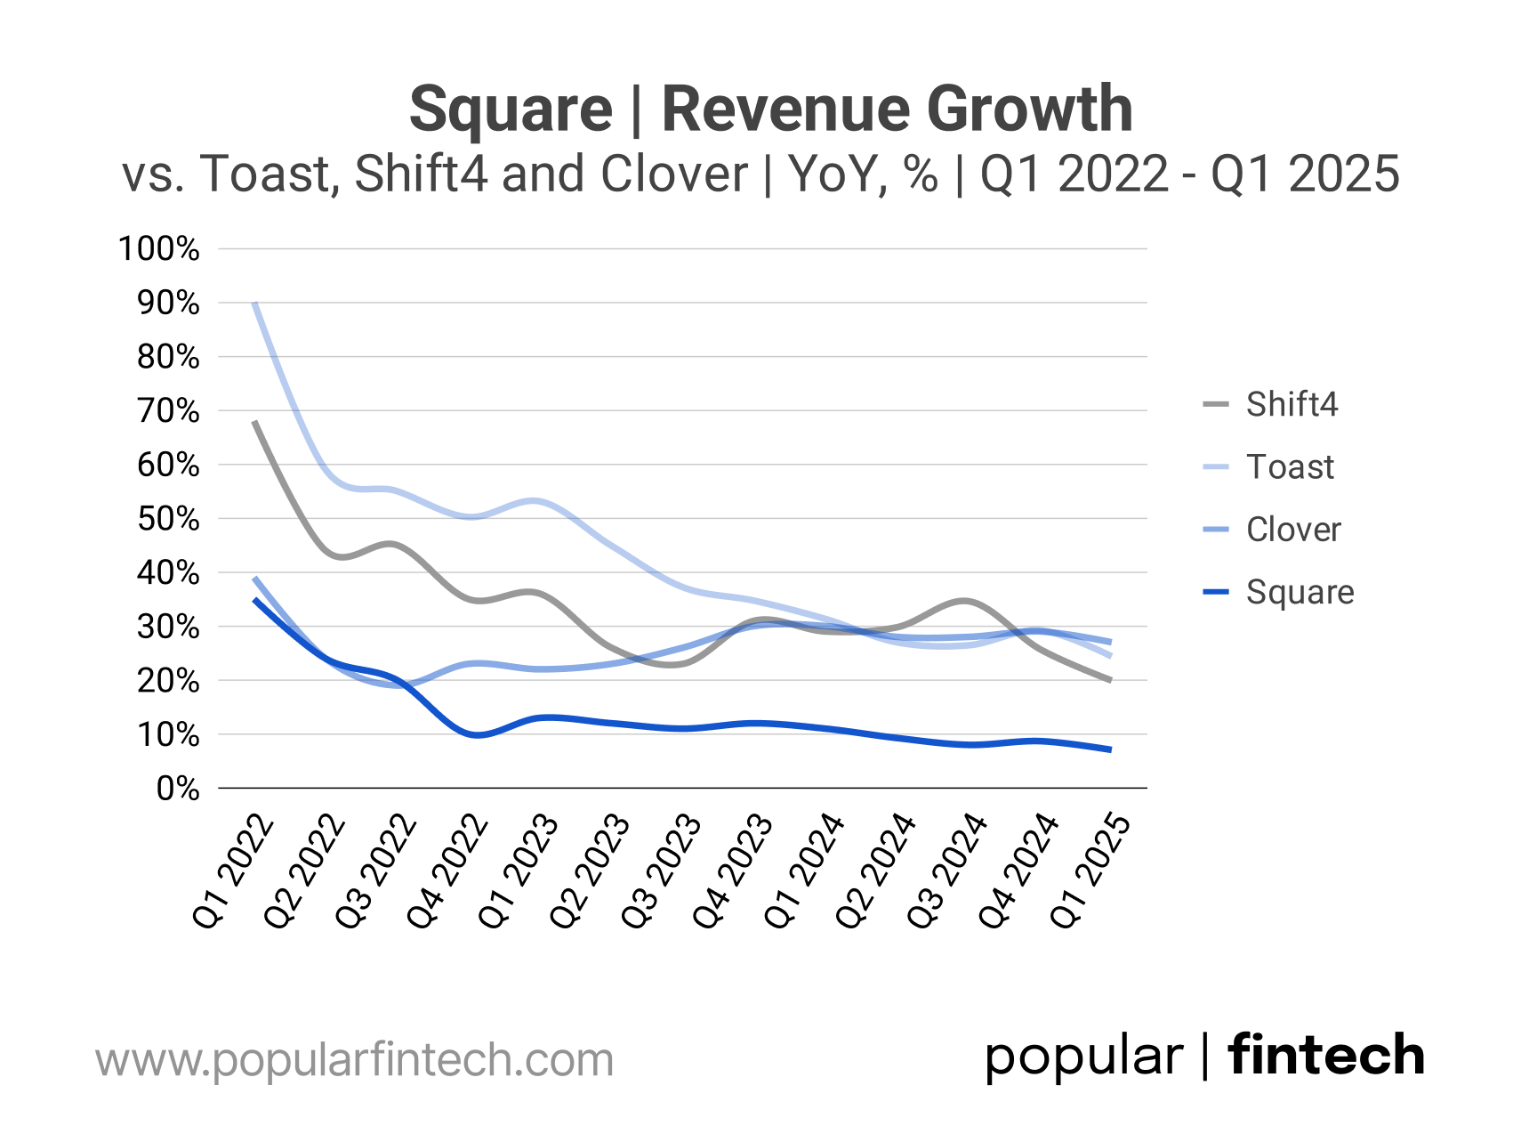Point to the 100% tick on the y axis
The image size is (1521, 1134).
[x=159, y=248]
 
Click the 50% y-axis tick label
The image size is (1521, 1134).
[x=168, y=519]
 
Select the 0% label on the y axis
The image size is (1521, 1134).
[x=177, y=789]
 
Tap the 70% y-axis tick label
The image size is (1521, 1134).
[x=168, y=410]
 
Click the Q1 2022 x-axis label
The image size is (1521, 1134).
[x=234, y=872]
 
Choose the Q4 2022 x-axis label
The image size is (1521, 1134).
[x=447, y=872]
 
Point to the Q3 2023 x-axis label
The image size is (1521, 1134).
[x=662, y=872]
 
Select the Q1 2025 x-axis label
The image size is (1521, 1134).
[x=1090, y=872]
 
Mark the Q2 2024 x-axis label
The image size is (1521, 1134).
[x=876, y=872]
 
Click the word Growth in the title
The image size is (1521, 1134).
[x=1029, y=109]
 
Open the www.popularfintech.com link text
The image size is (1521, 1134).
[x=354, y=1060]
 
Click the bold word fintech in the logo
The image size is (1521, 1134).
[x=1325, y=1056]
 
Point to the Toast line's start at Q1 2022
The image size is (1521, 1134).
[x=255, y=304]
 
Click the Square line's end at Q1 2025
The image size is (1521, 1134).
[x=1110, y=749]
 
